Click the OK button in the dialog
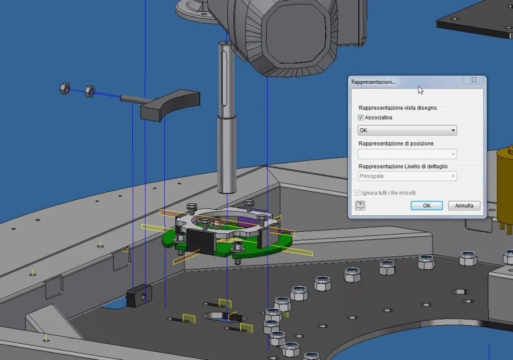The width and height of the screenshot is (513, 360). click(x=426, y=205)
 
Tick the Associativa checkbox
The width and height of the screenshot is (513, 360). click(x=361, y=118)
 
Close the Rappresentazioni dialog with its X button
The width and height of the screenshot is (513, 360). click(x=474, y=80)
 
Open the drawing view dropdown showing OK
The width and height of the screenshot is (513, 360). click(x=407, y=130)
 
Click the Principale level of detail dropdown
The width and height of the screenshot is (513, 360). click(x=407, y=176)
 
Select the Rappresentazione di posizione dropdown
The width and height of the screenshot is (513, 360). click(x=407, y=154)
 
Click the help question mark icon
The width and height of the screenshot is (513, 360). click(x=360, y=205)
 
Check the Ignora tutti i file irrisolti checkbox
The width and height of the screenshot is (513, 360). click(x=358, y=193)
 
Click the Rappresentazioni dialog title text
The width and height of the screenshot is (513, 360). click(x=373, y=82)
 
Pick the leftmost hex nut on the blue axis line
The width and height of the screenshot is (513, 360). click(x=65, y=88)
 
